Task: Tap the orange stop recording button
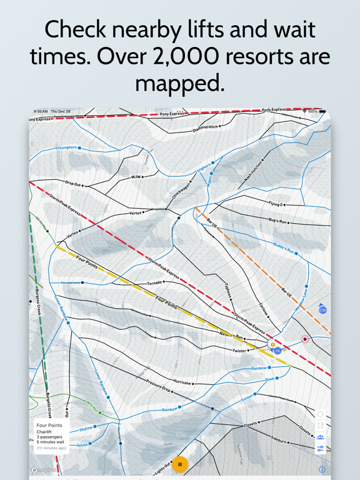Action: point(180,464)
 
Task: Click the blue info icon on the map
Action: point(322,469)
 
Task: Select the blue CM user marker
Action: point(322,310)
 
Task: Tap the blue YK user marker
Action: point(277,351)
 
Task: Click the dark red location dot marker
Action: point(305,339)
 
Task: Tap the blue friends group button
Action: point(321,437)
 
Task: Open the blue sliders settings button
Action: point(321,448)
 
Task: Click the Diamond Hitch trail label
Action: point(206,127)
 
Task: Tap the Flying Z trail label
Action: point(276,204)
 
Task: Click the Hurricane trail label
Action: point(182,382)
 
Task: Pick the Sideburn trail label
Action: point(279,440)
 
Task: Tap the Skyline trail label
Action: point(86,429)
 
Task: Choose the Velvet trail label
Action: point(82,445)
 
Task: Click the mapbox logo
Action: point(44,469)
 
